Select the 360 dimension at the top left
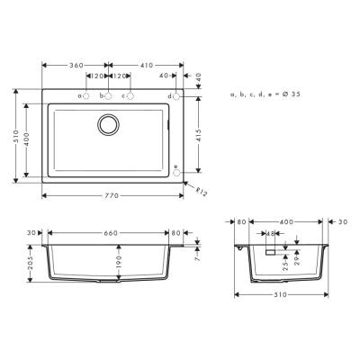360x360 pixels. (76, 66)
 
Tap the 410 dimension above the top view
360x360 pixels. (146, 66)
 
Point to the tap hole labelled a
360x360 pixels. (86, 95)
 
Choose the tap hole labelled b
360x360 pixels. (109, 95)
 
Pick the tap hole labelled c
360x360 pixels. (130, 95)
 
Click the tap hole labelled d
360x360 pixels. (176, 95)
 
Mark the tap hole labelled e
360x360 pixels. (176, 172)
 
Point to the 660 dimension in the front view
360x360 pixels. (110, 232)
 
